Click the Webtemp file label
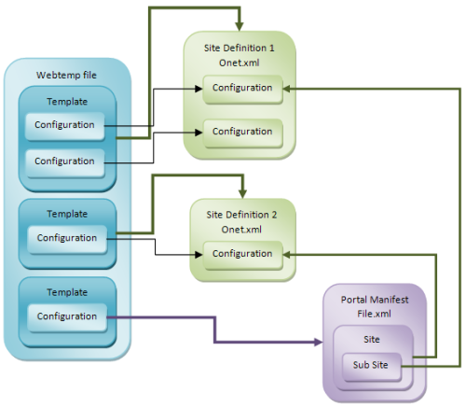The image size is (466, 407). pos(65,75)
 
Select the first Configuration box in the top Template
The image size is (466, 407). pos(65,124)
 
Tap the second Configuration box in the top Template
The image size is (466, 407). pos(65,161)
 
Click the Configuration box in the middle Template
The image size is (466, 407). pos(67,237)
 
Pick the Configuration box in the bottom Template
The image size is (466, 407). pos(67,316)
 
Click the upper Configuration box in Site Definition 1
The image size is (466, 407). pos(241,88)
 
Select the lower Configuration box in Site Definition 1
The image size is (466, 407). pos(241,132)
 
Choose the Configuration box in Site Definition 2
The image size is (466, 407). pos(242,253)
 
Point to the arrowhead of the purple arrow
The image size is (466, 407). pos(315,342)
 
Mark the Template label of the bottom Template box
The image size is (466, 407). pos(67,290)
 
